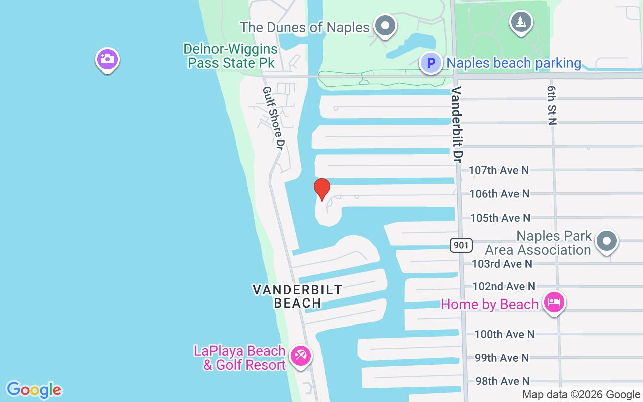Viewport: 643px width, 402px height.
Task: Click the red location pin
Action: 321,189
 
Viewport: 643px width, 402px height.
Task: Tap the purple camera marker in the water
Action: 107,59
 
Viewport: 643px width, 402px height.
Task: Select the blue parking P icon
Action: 431,63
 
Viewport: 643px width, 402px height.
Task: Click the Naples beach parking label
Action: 513,63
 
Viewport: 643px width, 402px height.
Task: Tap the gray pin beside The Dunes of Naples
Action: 386,25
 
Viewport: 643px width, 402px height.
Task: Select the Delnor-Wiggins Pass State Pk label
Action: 231,56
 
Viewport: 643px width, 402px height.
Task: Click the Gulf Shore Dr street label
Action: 274,118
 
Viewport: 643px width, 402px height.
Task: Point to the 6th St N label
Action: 552,105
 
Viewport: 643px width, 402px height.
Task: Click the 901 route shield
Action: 461,245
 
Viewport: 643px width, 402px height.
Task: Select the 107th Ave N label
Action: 499,170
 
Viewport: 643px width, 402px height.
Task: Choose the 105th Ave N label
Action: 500,218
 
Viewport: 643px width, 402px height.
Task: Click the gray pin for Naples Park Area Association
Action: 606,241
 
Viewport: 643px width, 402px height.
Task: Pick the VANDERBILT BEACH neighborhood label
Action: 297,296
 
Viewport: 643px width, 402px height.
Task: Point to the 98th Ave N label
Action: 502,381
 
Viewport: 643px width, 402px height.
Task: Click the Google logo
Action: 34,389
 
